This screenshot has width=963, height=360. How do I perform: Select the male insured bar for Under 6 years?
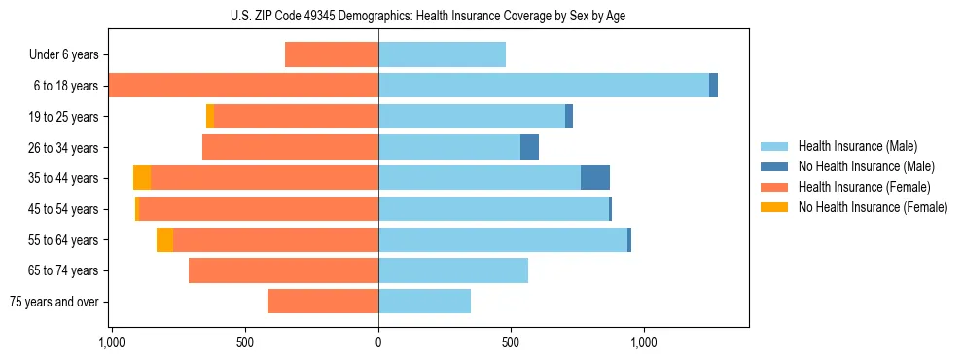(442, 54)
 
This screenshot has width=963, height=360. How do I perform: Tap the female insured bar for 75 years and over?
(323, 302)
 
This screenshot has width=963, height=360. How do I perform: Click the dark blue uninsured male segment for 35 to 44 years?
(595, 178)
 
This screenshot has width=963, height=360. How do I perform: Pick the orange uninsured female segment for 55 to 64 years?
(164, 239)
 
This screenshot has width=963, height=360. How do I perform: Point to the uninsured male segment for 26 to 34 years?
(529, 147)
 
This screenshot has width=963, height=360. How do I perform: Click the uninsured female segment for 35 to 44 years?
(142, 178)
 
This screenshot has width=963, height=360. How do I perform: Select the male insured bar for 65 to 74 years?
(453, 270)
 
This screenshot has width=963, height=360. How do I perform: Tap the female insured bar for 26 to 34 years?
(290, 147)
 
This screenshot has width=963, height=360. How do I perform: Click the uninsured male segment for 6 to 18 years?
(713, 86)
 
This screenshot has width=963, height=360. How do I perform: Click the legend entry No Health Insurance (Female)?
(873, 207)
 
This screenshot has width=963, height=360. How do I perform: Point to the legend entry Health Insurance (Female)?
(864, 187)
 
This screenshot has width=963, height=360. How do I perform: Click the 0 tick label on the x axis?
(378, 342)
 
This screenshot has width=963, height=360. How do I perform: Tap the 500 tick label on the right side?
(512, 342)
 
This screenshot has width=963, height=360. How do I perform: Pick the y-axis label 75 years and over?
(53, 302)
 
